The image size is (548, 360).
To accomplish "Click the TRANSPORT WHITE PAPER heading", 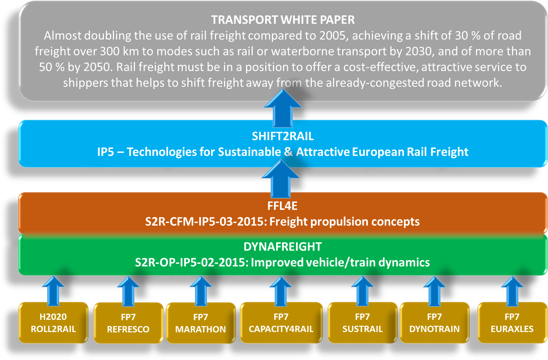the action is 283,20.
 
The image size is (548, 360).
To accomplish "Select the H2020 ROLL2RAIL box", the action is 53,323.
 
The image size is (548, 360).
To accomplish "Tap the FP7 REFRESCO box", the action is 128,323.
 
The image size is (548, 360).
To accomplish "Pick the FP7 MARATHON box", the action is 201,323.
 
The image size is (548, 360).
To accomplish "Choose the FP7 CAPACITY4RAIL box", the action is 281,323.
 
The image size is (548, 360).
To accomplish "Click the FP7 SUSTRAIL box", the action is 362,323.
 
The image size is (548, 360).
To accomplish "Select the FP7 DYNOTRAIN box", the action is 434,323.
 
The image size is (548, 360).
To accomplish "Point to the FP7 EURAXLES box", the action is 512,323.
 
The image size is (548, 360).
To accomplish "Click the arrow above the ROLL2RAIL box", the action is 53,291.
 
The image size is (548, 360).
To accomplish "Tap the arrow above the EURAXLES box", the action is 512,291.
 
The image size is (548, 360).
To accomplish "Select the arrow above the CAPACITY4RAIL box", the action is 281,291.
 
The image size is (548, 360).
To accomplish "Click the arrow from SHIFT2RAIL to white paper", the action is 283,108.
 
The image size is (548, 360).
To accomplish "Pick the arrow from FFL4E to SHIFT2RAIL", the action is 281,179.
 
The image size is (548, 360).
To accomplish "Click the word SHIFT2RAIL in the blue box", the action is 283,136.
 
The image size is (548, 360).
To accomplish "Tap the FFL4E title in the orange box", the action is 282,206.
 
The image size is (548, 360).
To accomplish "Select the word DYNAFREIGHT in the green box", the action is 282,247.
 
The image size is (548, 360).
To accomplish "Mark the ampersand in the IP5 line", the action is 288,152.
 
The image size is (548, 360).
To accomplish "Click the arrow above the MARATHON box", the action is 201,291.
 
